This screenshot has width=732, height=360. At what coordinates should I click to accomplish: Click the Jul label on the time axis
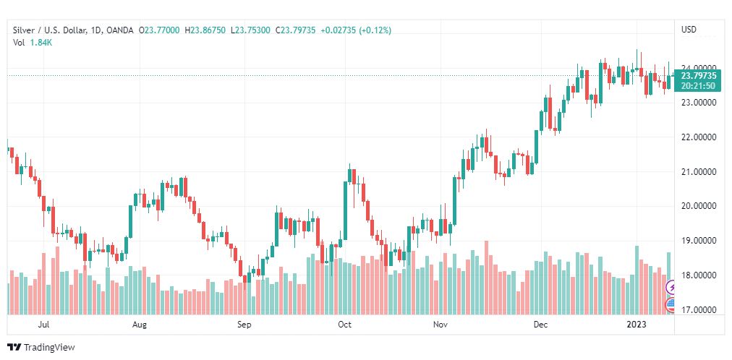pos(44,325)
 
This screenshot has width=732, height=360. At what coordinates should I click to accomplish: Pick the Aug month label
pos(140,325)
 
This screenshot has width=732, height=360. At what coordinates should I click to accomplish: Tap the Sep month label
pos(244,325)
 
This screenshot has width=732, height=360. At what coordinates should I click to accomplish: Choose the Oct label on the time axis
pos(344,325)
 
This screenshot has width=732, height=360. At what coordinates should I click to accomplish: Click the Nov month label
pos(441,325)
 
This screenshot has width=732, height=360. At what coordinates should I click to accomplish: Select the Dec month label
pos(540,325)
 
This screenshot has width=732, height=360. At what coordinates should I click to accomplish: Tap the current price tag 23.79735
pos(698,75)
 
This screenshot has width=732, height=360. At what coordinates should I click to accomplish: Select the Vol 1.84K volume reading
pos(33,43)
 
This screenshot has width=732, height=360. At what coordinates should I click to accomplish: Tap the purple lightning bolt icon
pos(671,288)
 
